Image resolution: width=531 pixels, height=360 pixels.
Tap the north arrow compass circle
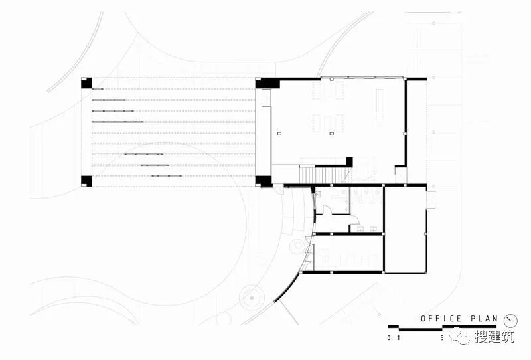pyautogui.click(x=510, y=319)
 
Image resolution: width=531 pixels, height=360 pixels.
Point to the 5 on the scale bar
pyautogui.click(x=442, y=337)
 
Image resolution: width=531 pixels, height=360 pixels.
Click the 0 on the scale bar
pyautogui.click(x=389, y=337)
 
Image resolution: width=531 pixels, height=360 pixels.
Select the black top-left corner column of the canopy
pyautogui.click(x=86, y=84)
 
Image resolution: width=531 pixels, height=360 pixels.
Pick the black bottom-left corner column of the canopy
pyautogui.click(x=86, y=180)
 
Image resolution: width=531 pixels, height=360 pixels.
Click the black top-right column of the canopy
pyautogui.click(x=264, y=84)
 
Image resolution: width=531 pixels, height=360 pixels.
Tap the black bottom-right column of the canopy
pyautogui.click(x=264, y=180)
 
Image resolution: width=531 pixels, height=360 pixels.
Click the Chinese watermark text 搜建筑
pyautogui.click(x=494, y=337)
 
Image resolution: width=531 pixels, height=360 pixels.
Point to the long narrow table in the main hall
pyautogui.click(x=380, y=106)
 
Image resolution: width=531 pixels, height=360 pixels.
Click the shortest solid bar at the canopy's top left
pyautogui.click(x=97, y=88)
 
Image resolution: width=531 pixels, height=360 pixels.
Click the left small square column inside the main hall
pyautogui.click(x=280, y=134)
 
